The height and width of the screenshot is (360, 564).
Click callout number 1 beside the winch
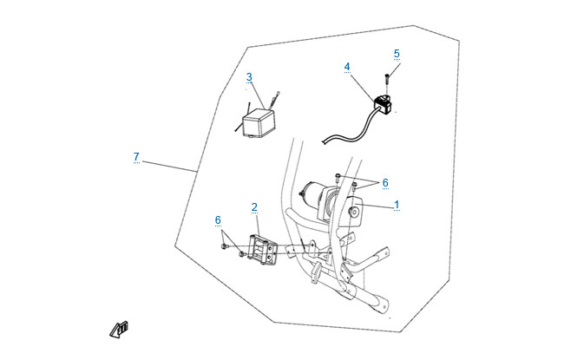(x=397, y=205)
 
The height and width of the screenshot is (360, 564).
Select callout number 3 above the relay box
(x=249, y=77)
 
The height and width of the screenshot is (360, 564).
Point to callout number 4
(x=347, y=66)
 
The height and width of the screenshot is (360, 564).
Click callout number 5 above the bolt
(x=397, y=53)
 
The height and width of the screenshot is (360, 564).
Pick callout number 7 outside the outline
(x=136, y=156)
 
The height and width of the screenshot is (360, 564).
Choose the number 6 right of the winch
(x=384, y=182)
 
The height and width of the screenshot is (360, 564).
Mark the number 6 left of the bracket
(x=219, y=219)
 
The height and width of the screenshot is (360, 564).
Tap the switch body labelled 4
(x=383, y=105)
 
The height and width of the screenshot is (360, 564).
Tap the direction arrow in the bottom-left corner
(x=119, y=329)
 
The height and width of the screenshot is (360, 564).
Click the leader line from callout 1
(x=380, y=206)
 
